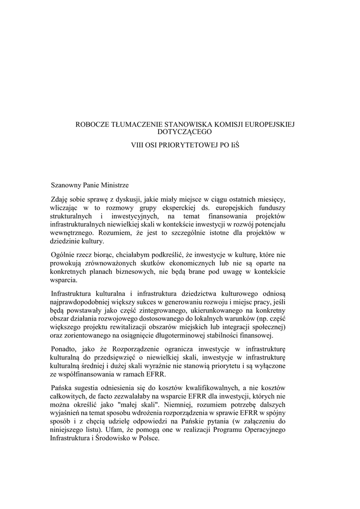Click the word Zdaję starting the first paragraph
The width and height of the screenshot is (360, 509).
61,199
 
